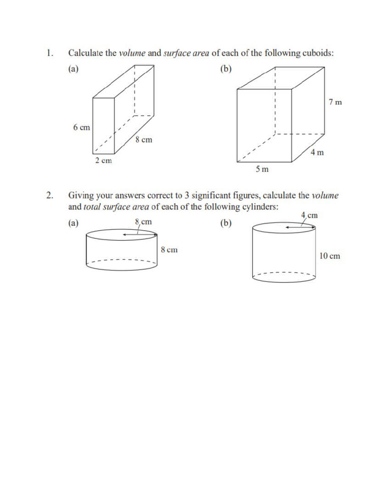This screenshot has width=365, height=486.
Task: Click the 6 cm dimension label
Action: (81, 128)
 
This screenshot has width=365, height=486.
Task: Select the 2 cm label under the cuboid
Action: (103, 161)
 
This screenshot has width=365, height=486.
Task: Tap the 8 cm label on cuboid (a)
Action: (144, 140)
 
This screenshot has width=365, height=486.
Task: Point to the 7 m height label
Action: (335, 102)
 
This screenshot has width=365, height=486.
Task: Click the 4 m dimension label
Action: (317, 153)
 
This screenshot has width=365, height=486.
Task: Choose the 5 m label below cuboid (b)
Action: (262, 169)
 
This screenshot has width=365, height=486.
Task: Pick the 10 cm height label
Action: (329, 256)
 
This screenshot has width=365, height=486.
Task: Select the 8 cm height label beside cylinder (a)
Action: (169, 250)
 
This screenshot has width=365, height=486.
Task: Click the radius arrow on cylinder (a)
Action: (139, 234)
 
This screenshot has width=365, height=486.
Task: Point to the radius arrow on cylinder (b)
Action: (300, 228)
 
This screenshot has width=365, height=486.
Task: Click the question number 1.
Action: (49, 53)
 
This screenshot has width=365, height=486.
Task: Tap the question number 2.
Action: (49, 196)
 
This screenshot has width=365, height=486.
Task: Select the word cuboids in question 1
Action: (317, 53)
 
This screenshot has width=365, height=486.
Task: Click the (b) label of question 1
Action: (226, 69)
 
